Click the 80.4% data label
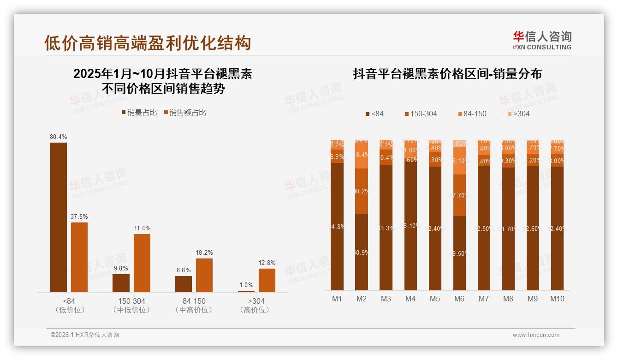point(59,137)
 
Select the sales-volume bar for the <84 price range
point(59,217)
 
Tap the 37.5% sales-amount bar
point(79,257)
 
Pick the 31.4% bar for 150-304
point(142,263)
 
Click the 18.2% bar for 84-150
point(204,275)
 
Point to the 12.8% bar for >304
point(267,280)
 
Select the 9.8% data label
point(121,268)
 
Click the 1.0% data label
point(246,285)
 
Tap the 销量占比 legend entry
point(139,113)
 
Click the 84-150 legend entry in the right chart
point(472,114)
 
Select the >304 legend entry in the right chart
point(518,114)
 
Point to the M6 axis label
point(459,299)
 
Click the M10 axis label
point(557,299)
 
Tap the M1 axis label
point(337,299)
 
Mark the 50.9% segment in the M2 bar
point(362,252)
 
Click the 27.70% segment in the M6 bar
point(459,195)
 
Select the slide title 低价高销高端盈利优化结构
point(148,43)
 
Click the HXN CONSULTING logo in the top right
point(542,41)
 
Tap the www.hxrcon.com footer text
point(536,335)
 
